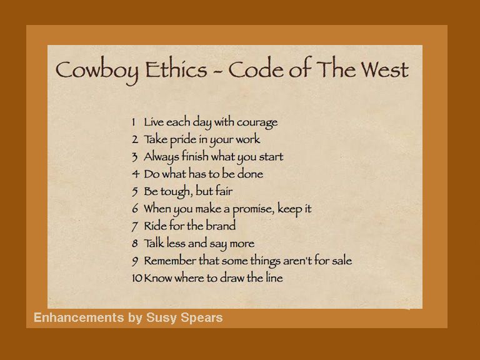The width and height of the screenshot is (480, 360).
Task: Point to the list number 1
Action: click(x=134, y=122)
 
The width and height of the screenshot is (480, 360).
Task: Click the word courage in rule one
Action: click(x=254, y=122)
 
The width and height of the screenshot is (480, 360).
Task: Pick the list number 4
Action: click(x=135, y=174)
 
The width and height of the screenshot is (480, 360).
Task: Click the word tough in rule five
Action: click(x=177, y=191)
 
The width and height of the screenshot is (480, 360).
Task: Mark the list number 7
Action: click(x=135, y=226)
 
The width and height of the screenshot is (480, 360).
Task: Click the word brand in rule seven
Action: click(x=221, y=226)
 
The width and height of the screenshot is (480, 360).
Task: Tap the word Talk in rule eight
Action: click(x=154, y=243)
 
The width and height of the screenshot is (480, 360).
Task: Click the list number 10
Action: click(x=137, y=278)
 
